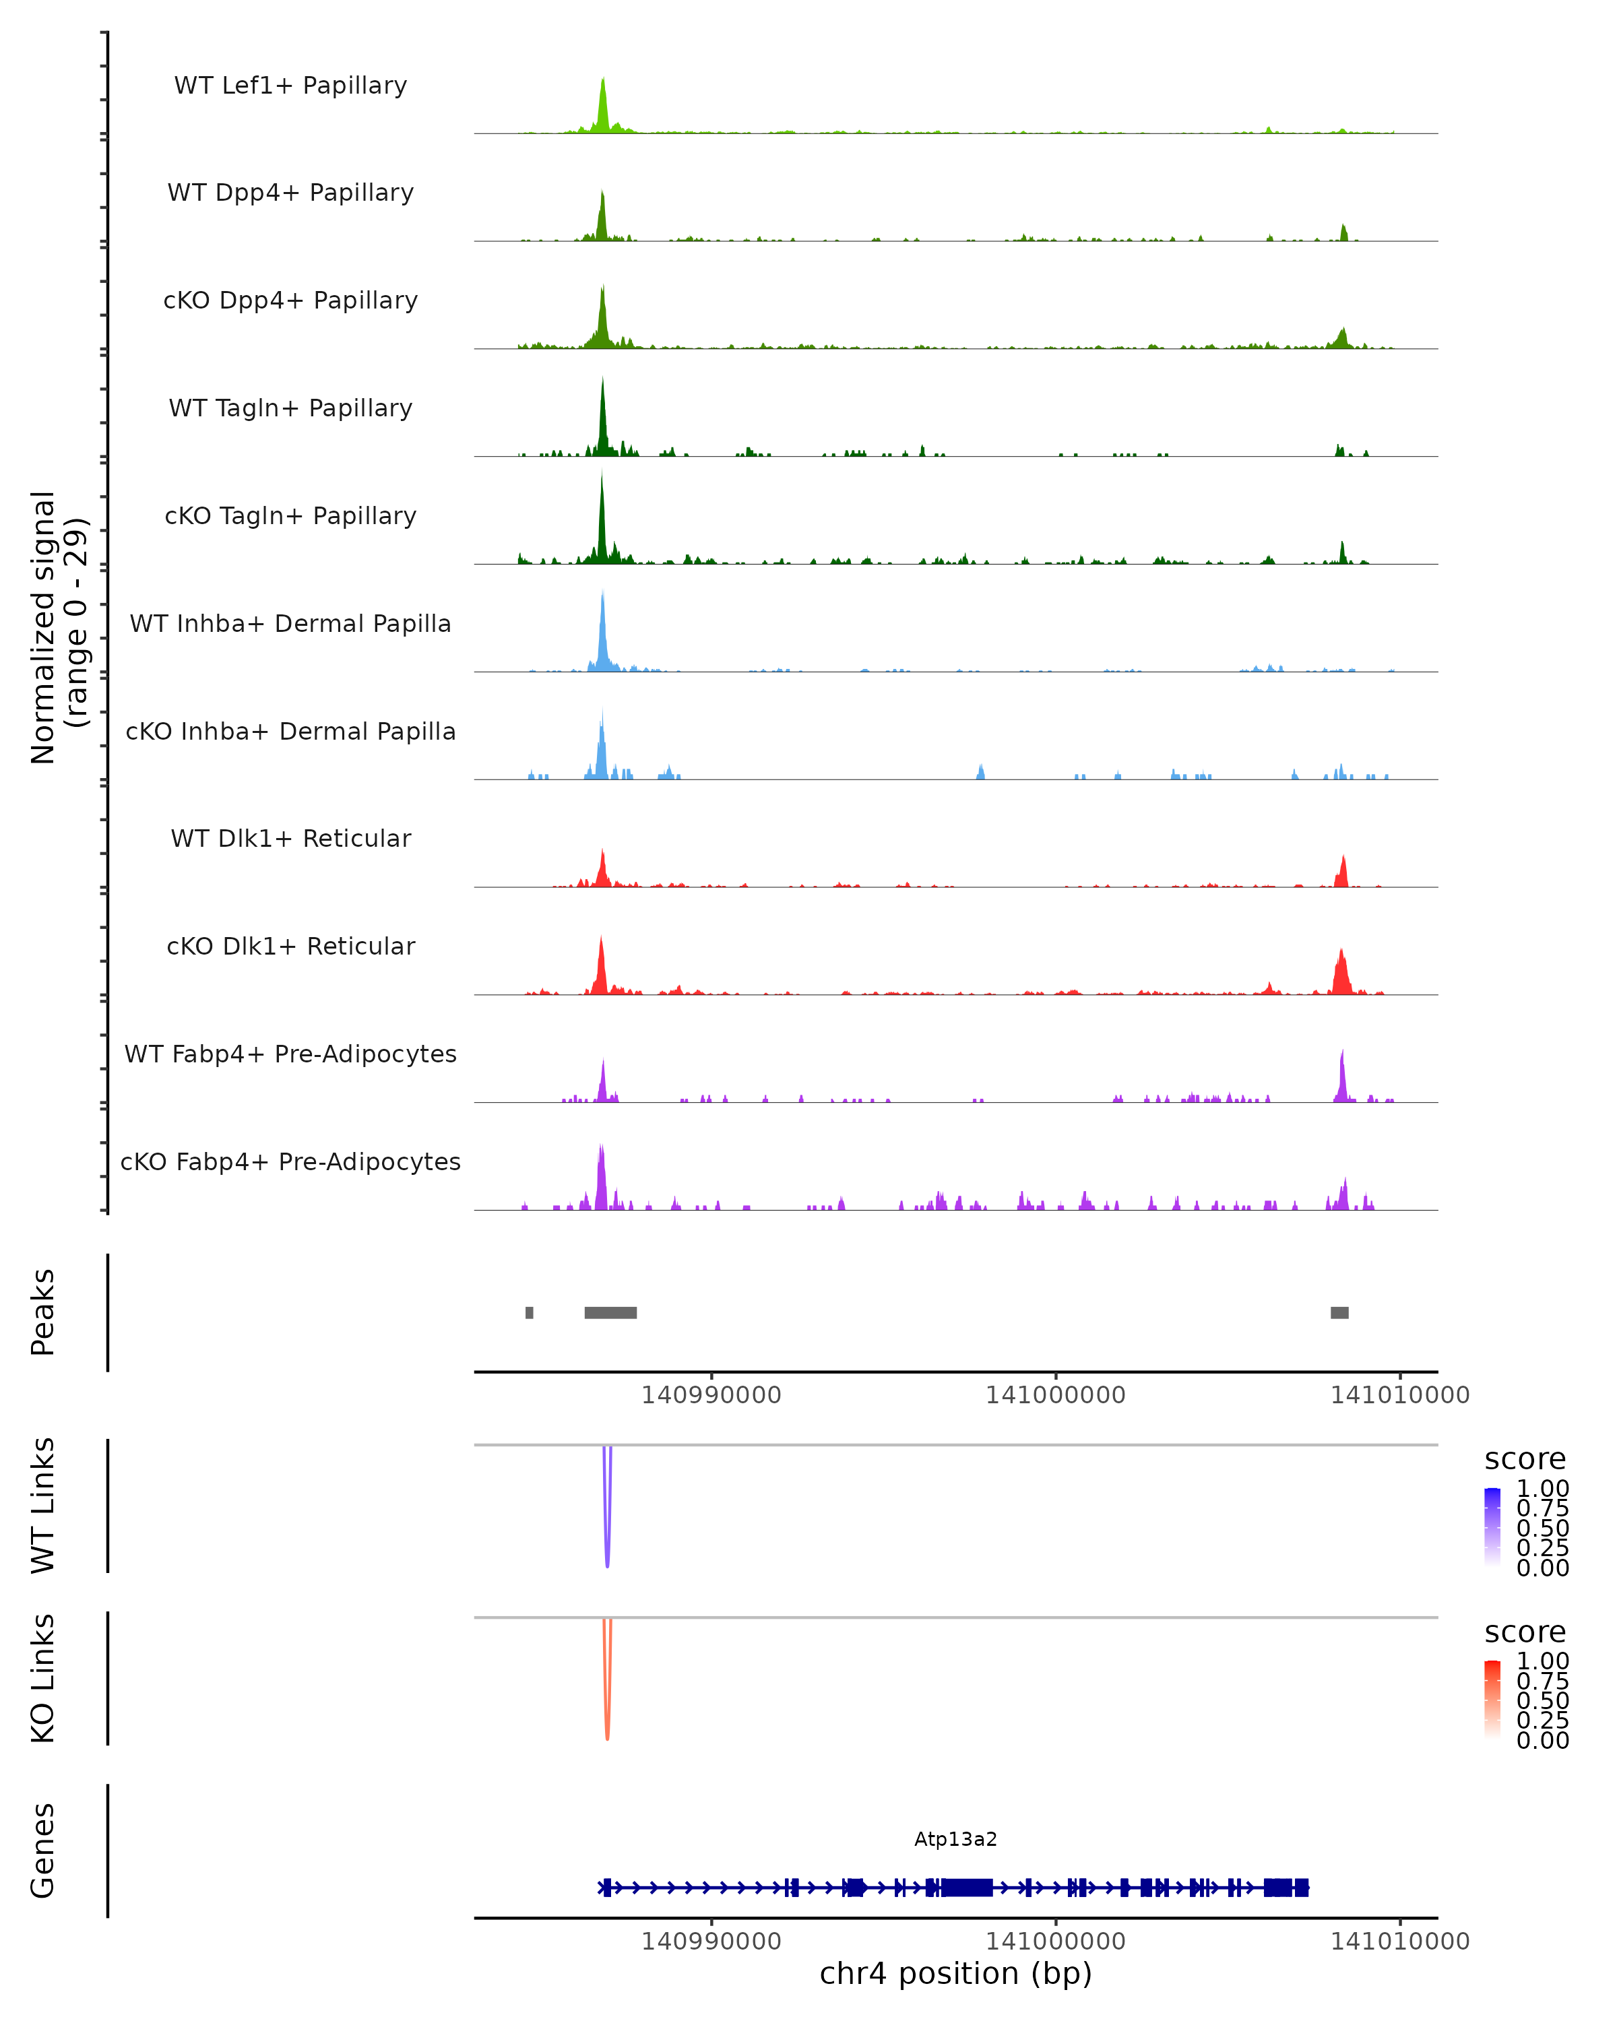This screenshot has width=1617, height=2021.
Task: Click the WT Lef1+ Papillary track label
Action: point(290,86)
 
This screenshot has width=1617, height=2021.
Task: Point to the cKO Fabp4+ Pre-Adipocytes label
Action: point(290,1161)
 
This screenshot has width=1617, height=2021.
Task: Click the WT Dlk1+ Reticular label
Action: point(290,838)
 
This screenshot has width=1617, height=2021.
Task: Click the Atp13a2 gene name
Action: point(955,1839)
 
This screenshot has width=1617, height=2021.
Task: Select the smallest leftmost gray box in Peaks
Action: point(530,1312)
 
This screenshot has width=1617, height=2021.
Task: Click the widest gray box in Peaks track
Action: point(610,1312)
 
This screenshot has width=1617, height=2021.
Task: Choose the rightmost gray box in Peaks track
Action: point(1339,1312)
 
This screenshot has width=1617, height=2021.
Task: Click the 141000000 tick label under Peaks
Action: point(1056,1395)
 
